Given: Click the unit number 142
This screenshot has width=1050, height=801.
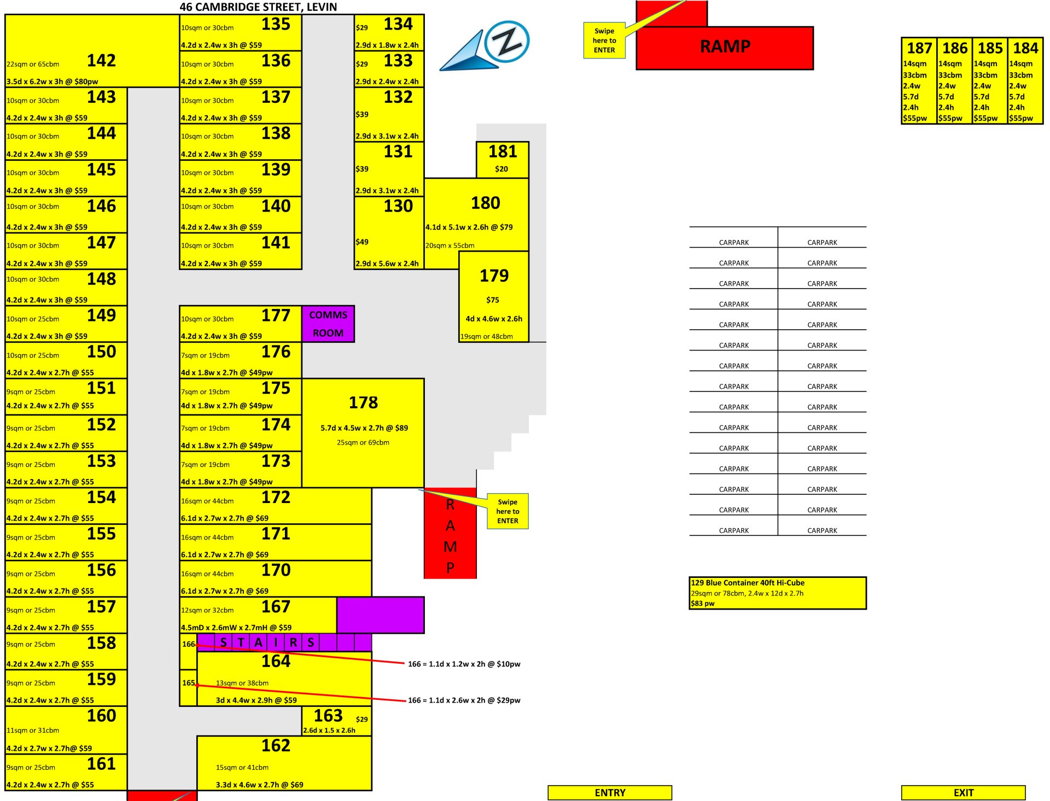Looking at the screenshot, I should point(101,60).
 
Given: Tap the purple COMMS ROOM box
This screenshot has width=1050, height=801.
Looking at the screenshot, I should point(328,324).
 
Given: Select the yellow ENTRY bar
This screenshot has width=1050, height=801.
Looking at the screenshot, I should point(610,793).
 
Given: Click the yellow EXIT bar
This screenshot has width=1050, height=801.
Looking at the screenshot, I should point(963,793).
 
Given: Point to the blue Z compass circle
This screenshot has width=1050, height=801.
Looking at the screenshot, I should point(507,42).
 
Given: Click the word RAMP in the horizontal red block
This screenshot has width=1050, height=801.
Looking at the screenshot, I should point(725,47).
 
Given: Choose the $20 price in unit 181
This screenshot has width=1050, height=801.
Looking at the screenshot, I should point(501,169).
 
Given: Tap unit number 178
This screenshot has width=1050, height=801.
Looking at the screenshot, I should point(363,403).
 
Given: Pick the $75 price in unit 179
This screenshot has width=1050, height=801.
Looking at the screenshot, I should point(493,300).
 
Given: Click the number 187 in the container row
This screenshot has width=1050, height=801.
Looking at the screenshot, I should point(919,48).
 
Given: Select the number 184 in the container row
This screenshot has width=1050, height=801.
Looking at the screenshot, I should point(1025,48).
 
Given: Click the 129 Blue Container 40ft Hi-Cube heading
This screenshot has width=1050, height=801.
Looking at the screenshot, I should point(748,583).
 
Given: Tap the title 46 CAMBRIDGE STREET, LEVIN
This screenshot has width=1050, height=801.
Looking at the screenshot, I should point(258,7).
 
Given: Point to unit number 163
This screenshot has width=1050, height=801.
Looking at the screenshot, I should point(328,716).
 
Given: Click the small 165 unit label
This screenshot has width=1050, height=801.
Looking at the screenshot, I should point(188,683).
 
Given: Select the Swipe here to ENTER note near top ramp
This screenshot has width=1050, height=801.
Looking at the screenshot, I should point(604,40).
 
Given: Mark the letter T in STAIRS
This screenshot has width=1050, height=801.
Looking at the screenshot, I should point(241,642).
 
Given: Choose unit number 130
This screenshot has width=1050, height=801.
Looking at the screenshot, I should point(398,206).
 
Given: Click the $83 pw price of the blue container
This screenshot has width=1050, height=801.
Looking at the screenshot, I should point(703,604).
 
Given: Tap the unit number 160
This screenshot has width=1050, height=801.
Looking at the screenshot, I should point(101,716).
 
